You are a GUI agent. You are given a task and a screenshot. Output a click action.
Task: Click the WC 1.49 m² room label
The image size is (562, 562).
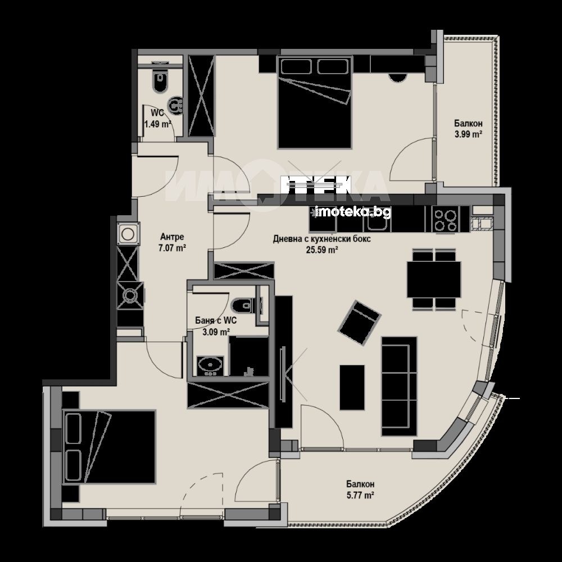coord(157,118)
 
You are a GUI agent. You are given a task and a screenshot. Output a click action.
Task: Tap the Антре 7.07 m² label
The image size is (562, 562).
coord(172,242)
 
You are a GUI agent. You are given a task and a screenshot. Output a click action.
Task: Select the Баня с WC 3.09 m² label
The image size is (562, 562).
coord(216,326)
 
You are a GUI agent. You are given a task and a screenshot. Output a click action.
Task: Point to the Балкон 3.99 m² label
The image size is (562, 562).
coord(468,129)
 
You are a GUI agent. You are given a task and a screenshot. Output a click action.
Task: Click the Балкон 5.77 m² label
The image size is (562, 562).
coord(360,490)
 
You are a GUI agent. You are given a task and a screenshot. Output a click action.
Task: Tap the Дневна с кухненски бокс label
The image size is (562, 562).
coord(322,239)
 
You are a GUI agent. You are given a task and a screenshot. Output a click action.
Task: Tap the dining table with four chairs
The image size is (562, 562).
coord(434,279)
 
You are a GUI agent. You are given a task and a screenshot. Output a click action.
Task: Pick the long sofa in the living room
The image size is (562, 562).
coord(399,387)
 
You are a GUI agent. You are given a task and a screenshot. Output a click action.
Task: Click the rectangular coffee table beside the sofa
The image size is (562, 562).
coord(352,387)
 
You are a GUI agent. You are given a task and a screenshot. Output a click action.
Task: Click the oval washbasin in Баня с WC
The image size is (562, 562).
coord(210,366)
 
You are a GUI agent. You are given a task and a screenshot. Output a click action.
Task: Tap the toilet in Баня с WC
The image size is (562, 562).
coord(246,306)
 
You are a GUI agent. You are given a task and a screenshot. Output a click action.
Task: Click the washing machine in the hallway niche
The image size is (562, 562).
coord(127,234)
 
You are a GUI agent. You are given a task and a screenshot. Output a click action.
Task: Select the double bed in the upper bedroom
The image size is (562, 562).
coord(314,102)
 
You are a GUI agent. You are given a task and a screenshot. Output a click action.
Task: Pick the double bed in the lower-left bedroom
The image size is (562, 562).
coord(109,447)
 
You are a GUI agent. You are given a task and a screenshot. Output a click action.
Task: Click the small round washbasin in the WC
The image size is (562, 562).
coord(176,106)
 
